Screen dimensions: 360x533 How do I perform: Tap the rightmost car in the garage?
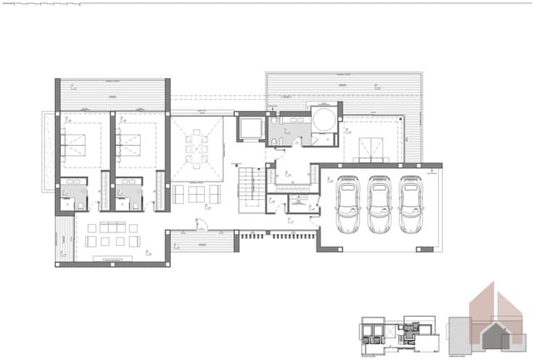[410, 205]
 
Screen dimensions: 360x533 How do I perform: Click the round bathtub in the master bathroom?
[324, 118]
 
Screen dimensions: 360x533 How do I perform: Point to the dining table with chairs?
[197, 148]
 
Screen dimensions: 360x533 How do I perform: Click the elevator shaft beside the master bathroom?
[250, 128]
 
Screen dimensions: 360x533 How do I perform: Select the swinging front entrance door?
[201, 223]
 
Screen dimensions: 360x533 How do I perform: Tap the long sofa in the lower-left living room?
[107, 227]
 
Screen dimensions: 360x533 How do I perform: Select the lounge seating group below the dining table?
[197, 193]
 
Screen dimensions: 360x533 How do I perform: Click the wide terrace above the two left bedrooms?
[112, 94]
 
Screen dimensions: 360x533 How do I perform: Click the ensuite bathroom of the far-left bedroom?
[74, 195]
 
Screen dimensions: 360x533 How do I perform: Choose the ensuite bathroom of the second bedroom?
[129, 195]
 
